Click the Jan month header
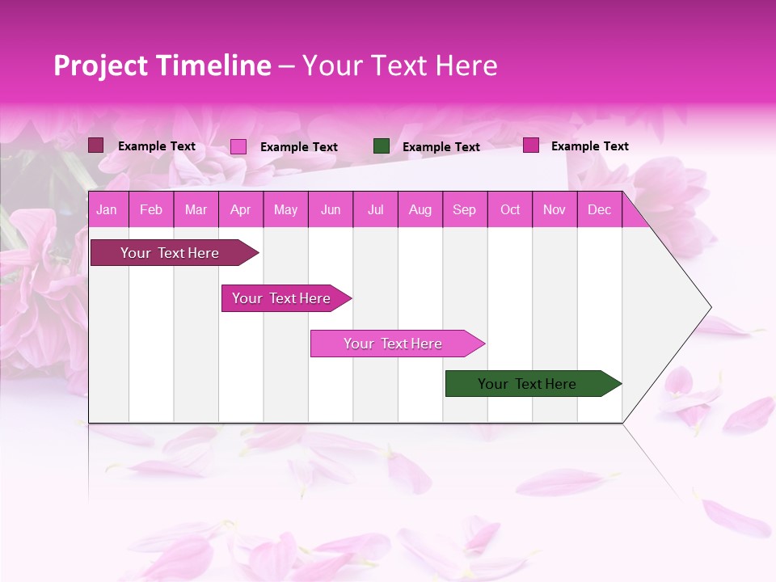pos(107,210)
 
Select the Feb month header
pos(151,210)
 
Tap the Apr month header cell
pos(240,210)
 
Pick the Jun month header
pos(331,210)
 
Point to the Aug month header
pos(420,210)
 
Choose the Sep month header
pos(465,210)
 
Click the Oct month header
pos(510,210)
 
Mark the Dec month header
pos(600,210)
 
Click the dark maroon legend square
pos(96,145)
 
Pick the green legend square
pos(382,146)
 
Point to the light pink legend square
pos(238,146)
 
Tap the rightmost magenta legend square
pos(531,145)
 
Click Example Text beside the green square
pos(441,147)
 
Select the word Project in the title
pos(100,65)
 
